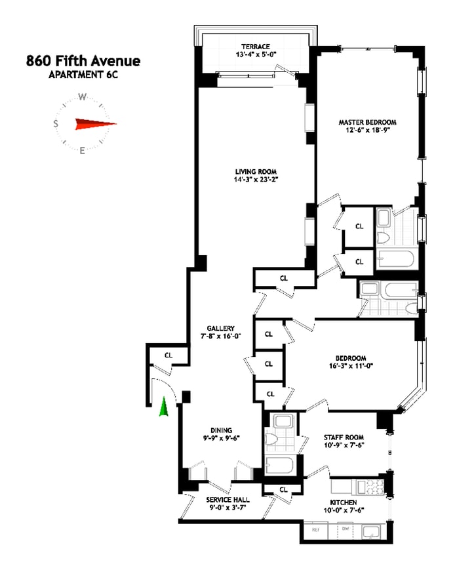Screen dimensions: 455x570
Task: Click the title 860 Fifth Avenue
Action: click(83, 62)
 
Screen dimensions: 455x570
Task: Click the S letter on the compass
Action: click(56, 123)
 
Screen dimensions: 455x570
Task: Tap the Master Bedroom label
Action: click(367, 122)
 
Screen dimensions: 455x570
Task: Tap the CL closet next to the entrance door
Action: click(168, 355)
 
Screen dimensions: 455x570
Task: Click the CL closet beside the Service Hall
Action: click(283, 489)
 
